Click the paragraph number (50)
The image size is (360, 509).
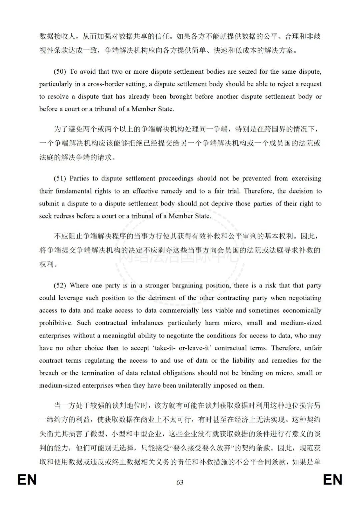coord(60,72)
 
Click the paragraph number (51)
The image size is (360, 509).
coord(60,178)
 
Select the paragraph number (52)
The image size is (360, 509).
coord(60,286)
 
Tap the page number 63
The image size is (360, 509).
coord(180,482)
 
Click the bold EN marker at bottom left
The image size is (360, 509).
coord(27,480)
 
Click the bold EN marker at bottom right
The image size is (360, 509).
coord(333,480)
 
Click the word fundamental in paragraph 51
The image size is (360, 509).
coord(74,191)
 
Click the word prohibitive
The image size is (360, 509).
coord(55,323)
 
